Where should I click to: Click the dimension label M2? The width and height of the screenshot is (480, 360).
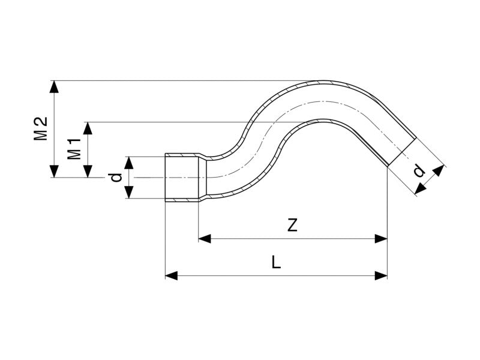[41, 127]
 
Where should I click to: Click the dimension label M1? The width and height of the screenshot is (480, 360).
[74, 149]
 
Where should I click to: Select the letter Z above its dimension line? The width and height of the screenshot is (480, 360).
[292, 226]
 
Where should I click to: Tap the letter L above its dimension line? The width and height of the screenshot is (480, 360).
[275, 262]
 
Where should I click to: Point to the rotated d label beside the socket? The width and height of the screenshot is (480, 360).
[117, 177]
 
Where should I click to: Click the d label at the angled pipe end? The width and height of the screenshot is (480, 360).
[419, 172]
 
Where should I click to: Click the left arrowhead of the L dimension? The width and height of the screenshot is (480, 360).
[172, 275]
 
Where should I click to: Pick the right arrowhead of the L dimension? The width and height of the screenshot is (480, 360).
[381, 275]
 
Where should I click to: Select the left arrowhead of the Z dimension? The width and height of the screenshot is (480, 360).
[205, 239]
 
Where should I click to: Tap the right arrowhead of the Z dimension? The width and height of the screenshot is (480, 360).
[381, 239]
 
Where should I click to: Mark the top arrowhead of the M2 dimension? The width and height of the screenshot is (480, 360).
[55, 86]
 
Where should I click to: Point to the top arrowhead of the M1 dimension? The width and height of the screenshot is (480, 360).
[88, 128]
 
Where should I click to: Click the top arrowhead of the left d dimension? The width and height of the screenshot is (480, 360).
[128, 161]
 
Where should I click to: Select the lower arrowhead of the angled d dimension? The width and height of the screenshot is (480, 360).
[419, 189]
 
